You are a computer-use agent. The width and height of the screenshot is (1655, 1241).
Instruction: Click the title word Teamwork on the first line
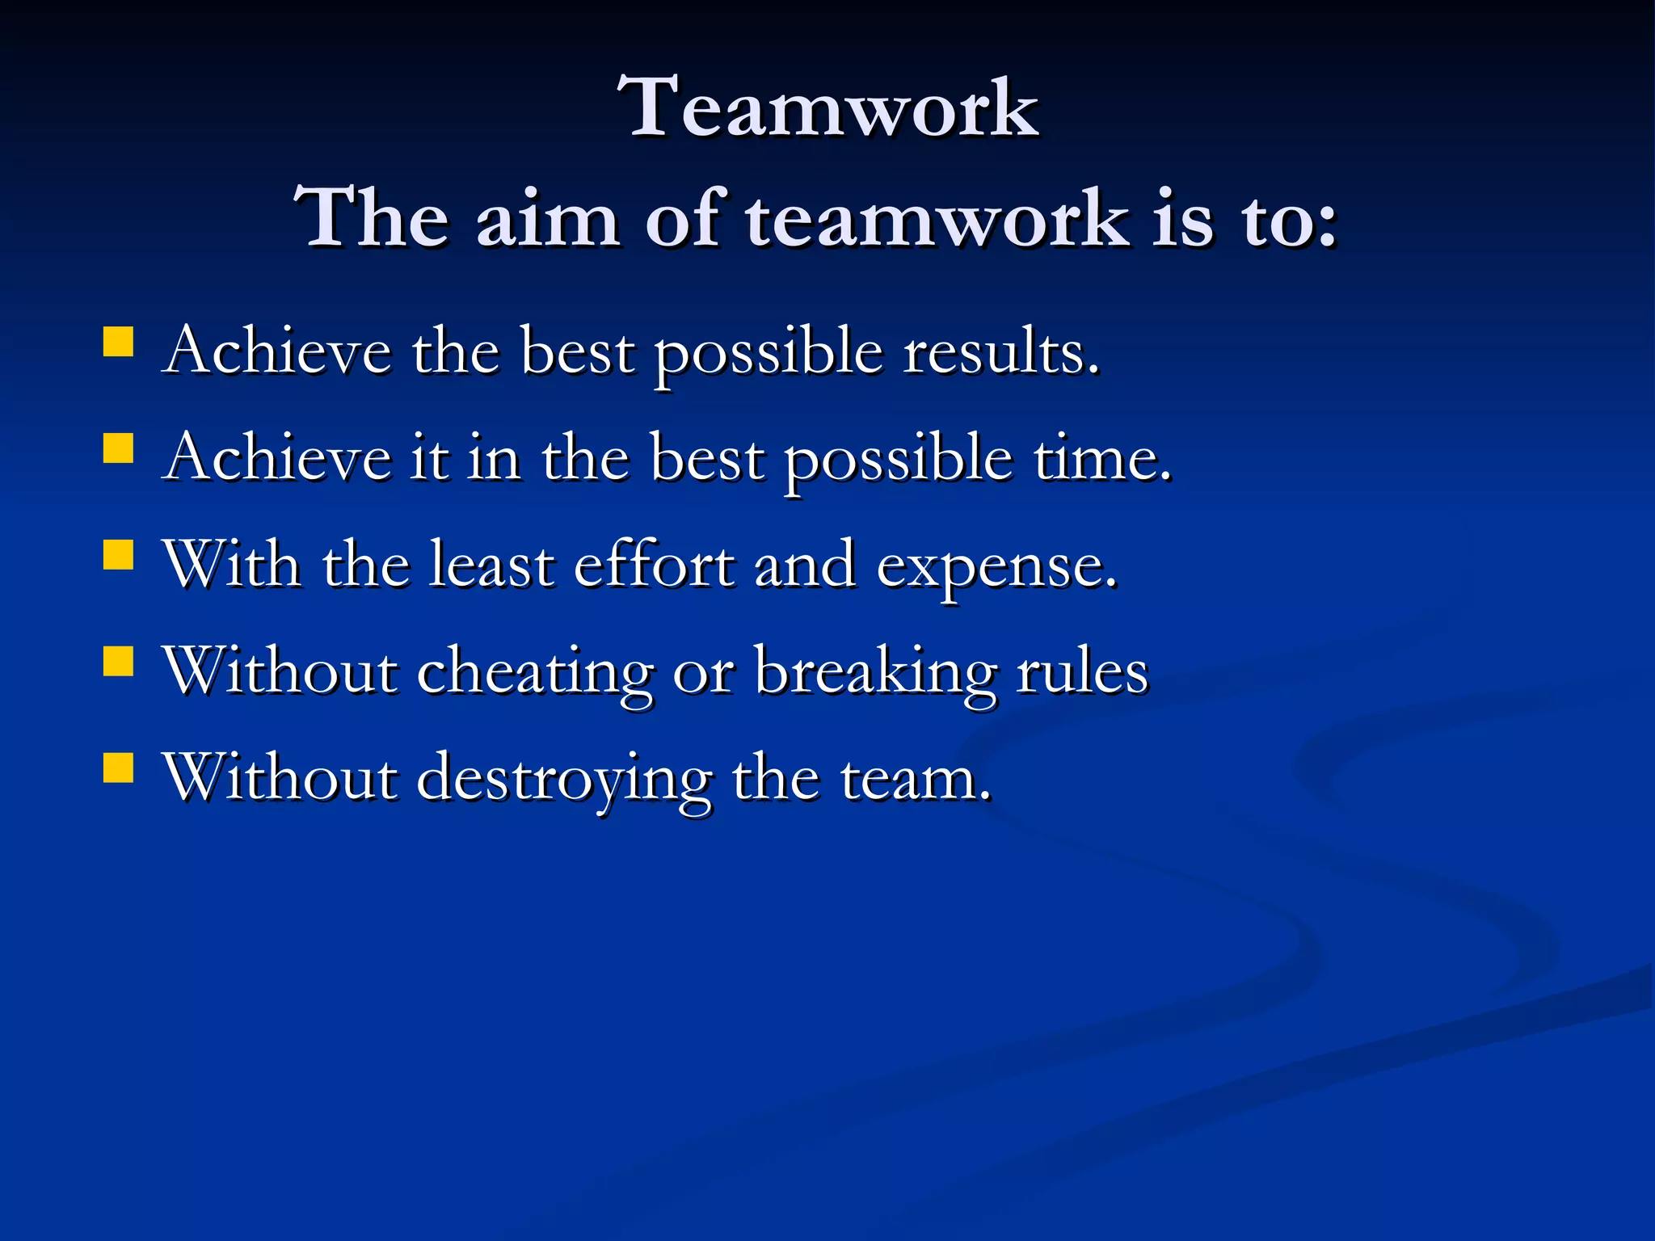827,108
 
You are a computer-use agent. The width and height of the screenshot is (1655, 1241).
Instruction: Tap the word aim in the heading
547,220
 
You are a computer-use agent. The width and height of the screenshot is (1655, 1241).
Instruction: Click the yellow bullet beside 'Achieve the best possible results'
118,341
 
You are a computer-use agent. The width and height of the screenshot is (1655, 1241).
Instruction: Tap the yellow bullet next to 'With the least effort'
118,555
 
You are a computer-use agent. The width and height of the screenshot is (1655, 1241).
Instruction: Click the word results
1000,354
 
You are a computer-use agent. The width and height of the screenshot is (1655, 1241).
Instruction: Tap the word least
492,566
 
